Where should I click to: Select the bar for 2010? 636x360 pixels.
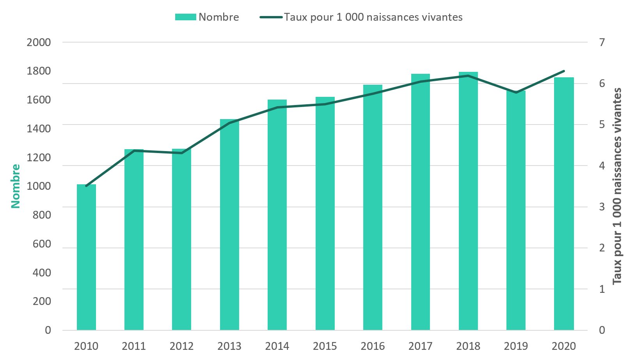point(86,258)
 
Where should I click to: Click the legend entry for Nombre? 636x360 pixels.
point(207,17)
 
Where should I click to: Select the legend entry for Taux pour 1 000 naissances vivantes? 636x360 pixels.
point(361,17)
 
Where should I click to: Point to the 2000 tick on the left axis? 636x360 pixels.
point(39,42)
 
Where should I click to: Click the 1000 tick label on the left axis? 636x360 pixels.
point(39,186)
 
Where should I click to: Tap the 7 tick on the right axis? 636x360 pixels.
point(602,42)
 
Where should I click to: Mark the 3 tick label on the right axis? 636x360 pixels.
point(602,207)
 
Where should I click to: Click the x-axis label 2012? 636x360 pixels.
point(182,346)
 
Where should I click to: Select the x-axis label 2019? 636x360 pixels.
point(516,346)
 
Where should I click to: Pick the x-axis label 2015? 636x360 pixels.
point(325,346)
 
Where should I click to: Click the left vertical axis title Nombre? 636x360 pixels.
point(15,186)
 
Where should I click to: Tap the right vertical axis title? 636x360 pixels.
point(617,186)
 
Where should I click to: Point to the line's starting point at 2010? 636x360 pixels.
point(86,186)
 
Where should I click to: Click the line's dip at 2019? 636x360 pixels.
point(516,93)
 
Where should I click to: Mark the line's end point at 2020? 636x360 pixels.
point(564,71)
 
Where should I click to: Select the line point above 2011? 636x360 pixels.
point(134,151)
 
